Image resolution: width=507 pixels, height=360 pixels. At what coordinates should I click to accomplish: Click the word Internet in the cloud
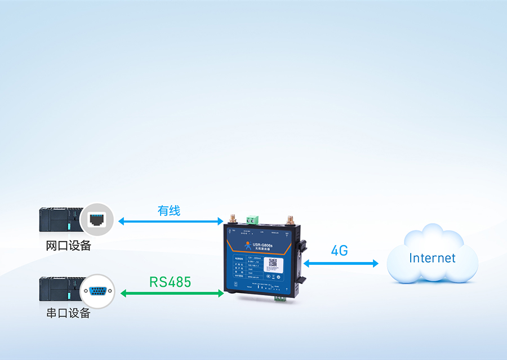(432, 258)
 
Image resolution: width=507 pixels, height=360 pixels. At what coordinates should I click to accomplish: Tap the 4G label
(339, 251)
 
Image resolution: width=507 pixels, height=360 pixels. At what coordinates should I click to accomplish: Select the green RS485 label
(170, 282)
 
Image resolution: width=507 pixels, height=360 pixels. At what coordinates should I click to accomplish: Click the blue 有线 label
(168, 211)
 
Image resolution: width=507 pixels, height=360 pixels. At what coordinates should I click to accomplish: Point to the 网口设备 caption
(68, 246)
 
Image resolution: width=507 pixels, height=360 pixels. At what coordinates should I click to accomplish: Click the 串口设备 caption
(68, 313)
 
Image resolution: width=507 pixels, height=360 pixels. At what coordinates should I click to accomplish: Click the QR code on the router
(273, 263)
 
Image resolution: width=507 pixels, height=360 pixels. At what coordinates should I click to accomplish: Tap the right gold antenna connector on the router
(290, 219)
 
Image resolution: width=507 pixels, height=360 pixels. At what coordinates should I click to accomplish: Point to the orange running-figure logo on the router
(247, 245)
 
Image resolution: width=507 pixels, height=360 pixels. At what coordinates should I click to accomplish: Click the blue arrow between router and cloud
(340, 263)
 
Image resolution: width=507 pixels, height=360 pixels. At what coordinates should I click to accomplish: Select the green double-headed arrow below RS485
(172, 293)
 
